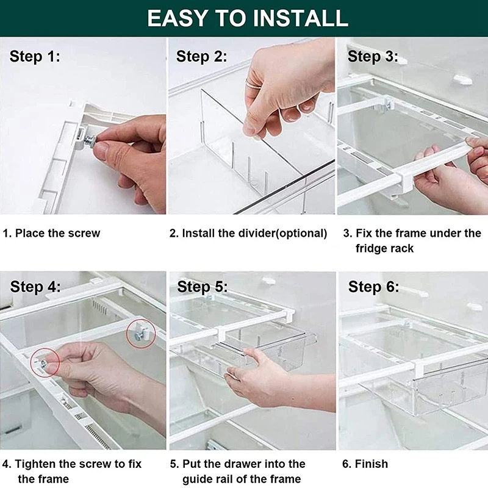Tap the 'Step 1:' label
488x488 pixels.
(35, 57)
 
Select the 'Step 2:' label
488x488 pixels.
(201, 57)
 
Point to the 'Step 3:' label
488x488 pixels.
(373, 57)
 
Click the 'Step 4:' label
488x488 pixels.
(35, 287)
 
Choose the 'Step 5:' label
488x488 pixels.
(202, 287)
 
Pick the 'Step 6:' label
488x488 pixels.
(373, 287)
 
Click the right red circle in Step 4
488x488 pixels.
(141, 333)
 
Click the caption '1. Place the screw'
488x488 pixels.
(51, 233)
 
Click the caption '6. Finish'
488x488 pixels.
(365, 464)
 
